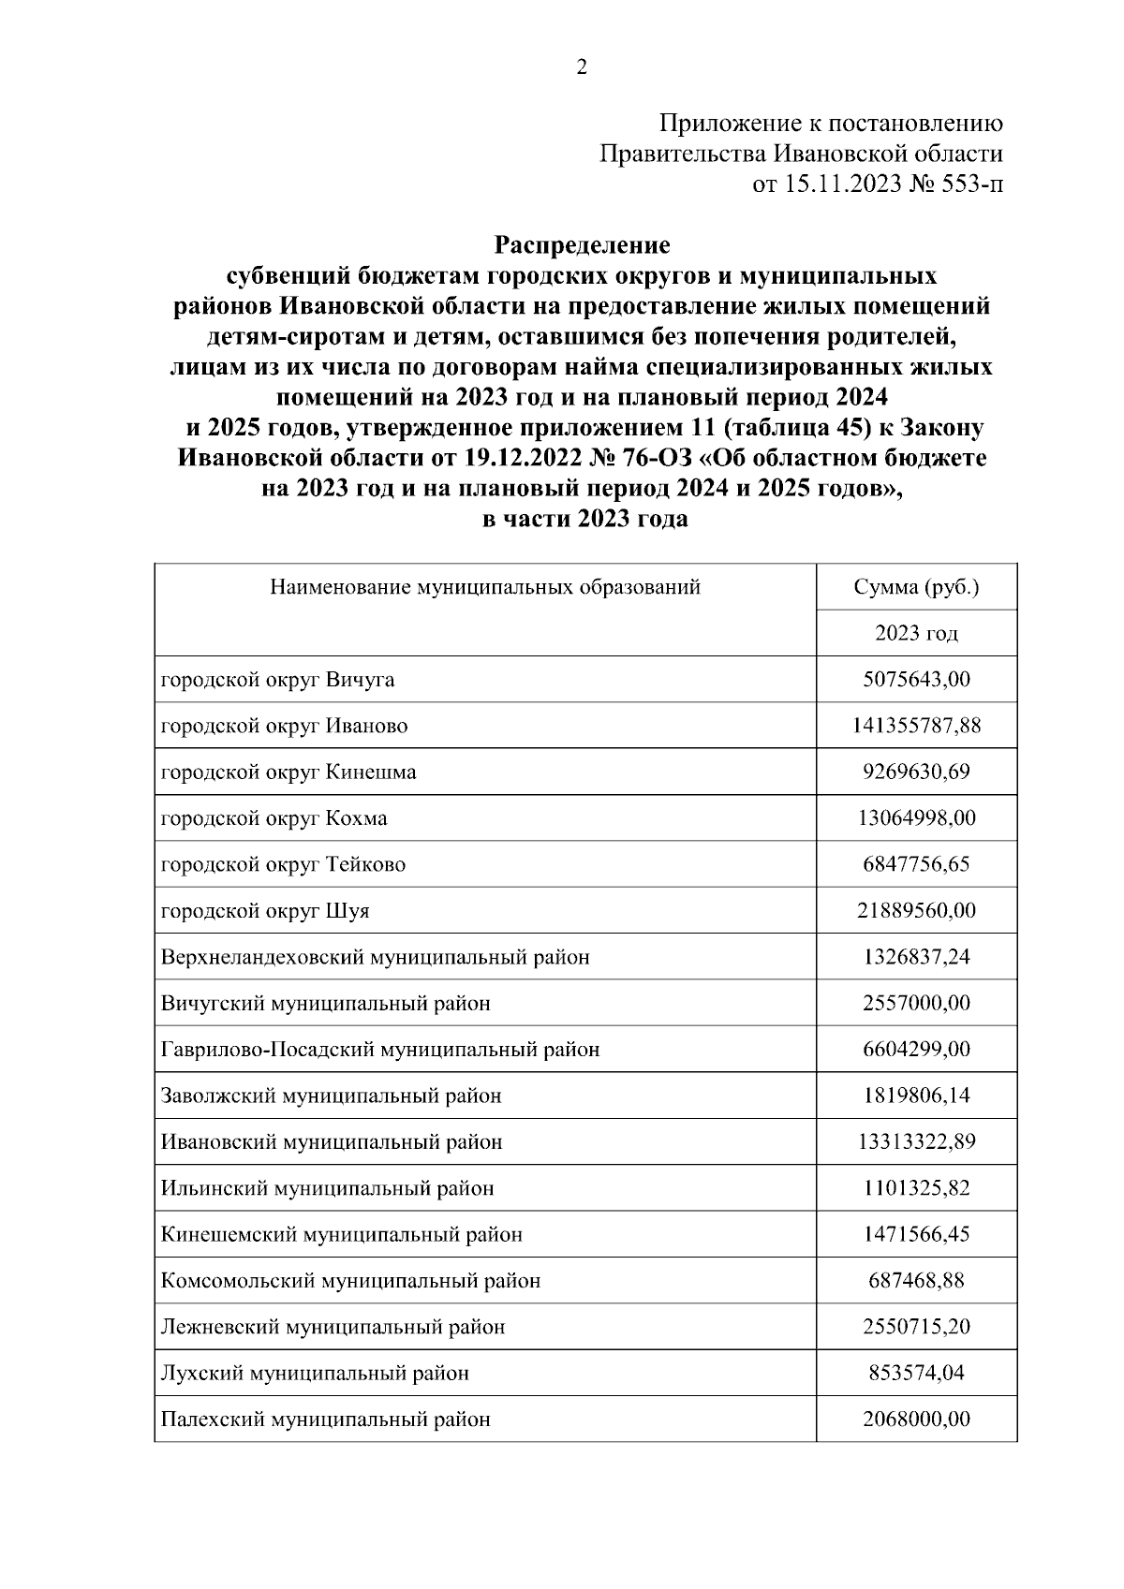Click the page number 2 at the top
(x=581, y=67)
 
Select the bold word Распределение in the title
(x=581, y=245)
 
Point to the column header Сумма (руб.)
(x=916, y=587)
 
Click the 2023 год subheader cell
(x=916, y=634)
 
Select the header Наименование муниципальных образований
(x=485, y=587)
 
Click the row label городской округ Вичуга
(x=277, y=680)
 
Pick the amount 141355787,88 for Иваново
(x=916, y=726)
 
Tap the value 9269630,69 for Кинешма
(x=916, y=772)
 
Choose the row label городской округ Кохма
(x=274, y=818)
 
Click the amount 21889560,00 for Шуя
(x=916, y=910)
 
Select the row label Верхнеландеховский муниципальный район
(x=376, y=957)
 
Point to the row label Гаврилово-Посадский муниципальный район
(x=380, y=1049)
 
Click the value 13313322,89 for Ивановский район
(x=916, y=1141)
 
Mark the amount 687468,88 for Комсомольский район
(x=916, y=1280)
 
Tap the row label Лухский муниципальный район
(x=315, y=1373)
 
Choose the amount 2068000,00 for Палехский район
(x=916, y=1419)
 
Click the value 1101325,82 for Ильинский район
(x=916, y=1188)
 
